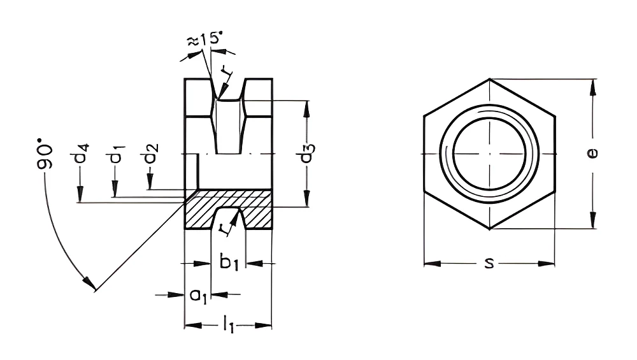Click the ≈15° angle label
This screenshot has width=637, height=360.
coord(204,40)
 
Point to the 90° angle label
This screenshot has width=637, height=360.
coord(45,154)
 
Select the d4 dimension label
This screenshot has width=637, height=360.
coord(82,153)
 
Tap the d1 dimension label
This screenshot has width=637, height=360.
coord(116,154)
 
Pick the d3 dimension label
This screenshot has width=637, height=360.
coord(308,152)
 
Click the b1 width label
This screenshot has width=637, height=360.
coord(229,262)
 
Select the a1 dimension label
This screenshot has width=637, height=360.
coord(199,295)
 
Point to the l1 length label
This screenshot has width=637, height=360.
coord(229,326)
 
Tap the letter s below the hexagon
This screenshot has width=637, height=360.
coord(489,263)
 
